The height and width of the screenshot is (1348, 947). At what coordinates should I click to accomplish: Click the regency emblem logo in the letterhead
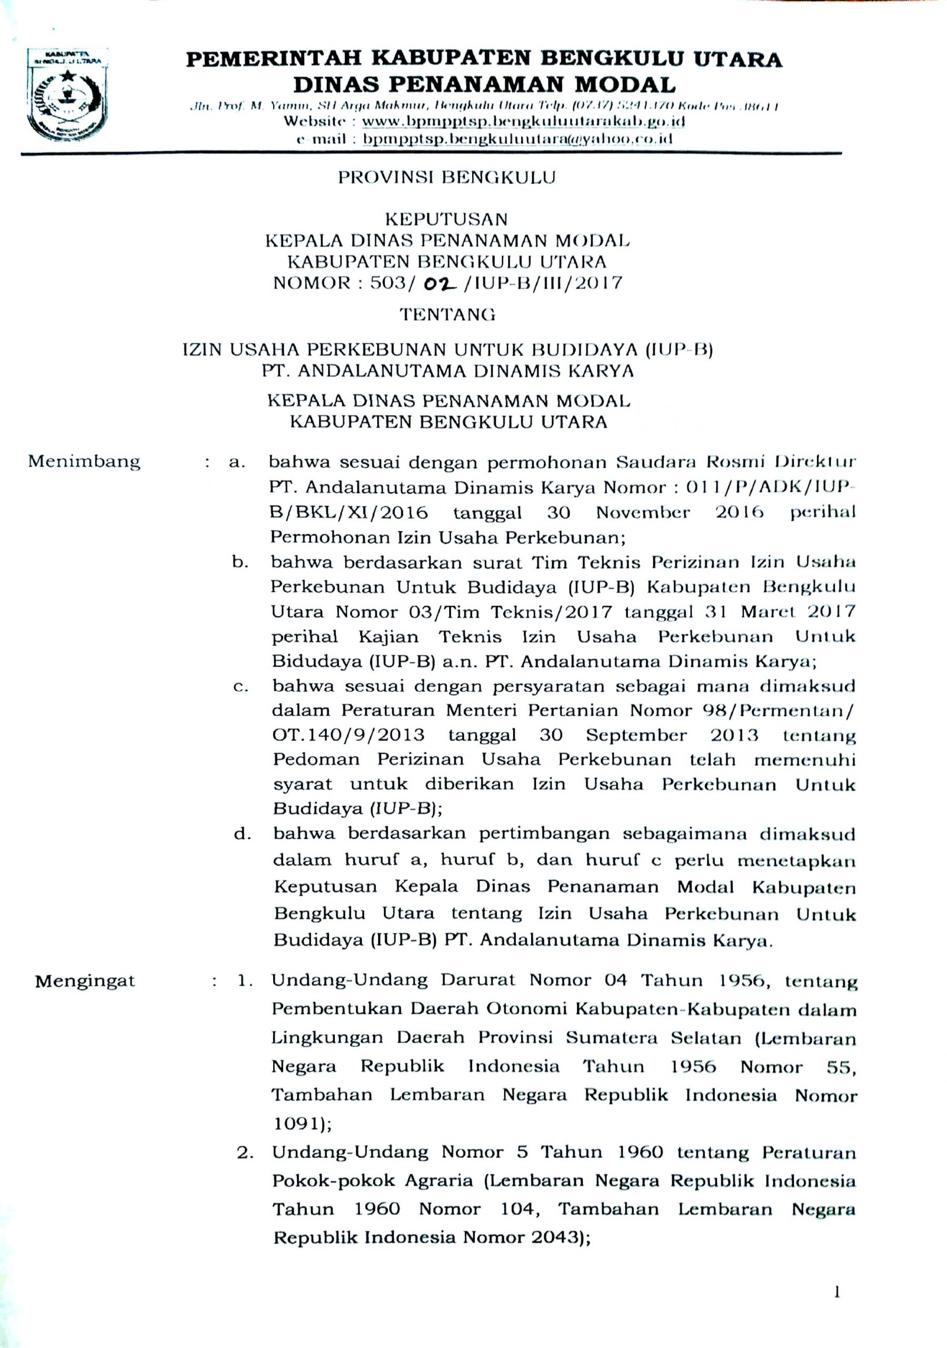67,97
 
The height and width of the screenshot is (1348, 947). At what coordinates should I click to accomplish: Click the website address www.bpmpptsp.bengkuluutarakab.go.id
524,122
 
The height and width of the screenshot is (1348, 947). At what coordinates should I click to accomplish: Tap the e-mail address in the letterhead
517,139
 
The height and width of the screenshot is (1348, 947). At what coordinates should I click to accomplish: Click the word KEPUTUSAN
446,219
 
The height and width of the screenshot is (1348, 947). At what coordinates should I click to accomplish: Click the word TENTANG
447,315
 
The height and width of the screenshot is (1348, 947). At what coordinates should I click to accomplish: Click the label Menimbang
85,461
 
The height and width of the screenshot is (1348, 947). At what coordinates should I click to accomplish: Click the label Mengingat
85,981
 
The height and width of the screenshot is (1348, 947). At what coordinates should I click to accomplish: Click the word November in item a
643,512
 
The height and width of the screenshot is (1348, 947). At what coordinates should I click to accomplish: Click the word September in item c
636,735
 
